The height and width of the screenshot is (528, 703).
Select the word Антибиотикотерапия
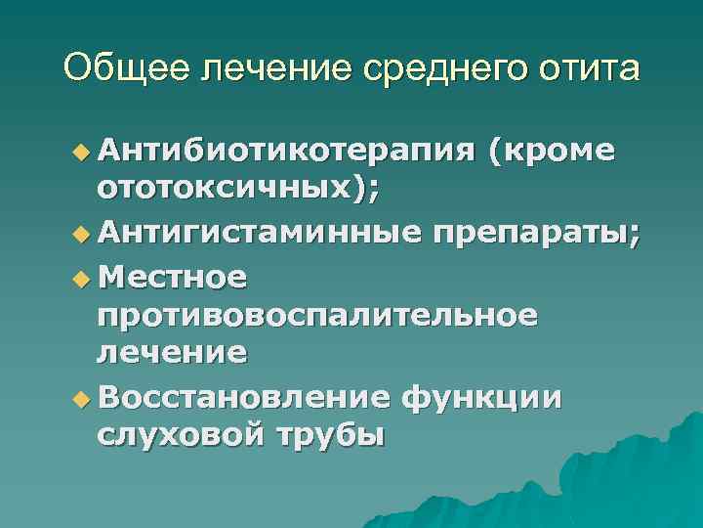pos(286,152)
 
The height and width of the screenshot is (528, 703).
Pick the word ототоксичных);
pos(238,190)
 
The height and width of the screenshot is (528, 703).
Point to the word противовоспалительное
pos(317,315)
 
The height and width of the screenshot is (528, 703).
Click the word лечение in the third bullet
pos(172,353)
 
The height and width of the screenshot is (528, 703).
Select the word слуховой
pos(179,436)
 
